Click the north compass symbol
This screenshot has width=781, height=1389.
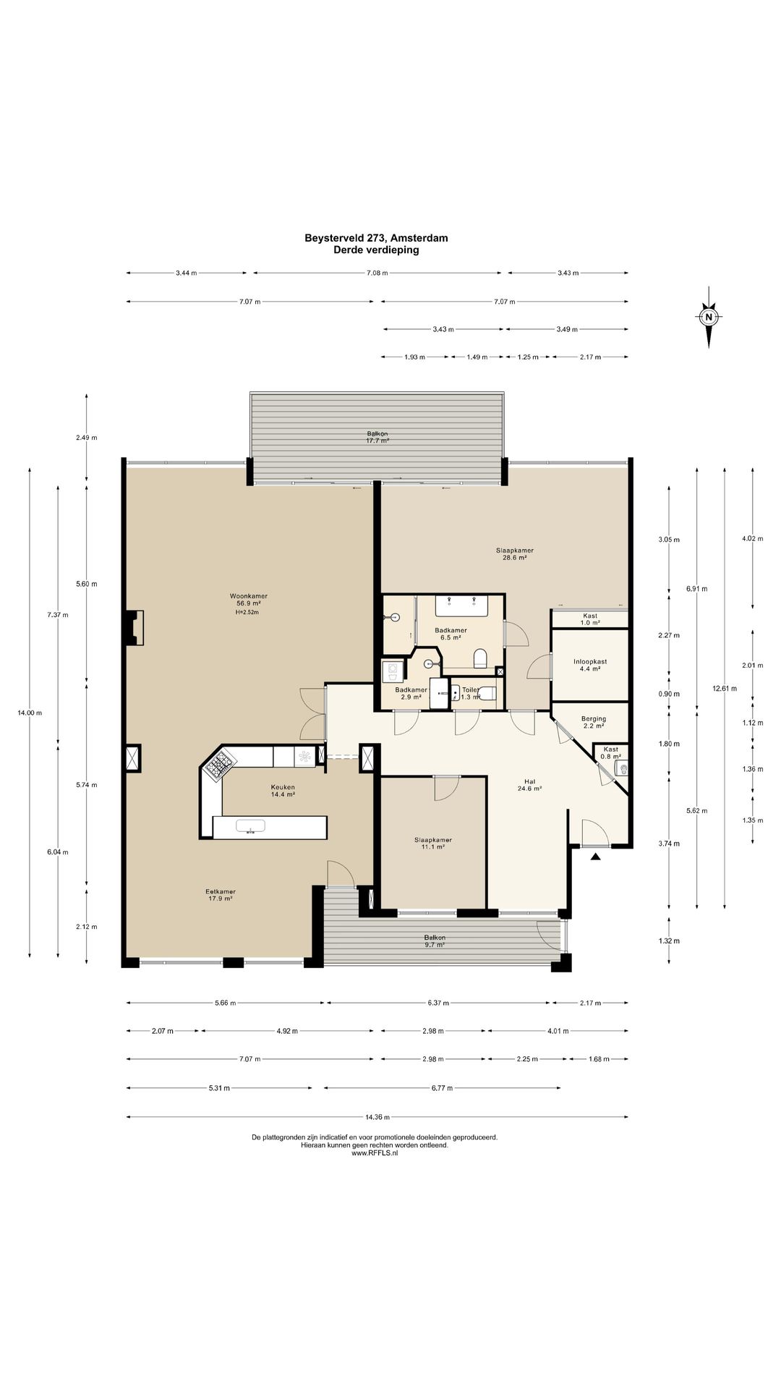click(709, 317)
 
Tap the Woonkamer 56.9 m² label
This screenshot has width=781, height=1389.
click(247, 600)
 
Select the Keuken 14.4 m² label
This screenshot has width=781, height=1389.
click(283, 791)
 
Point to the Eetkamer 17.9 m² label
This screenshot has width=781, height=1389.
click(221, 895)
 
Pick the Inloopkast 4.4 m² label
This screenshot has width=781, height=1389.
click(590, 665)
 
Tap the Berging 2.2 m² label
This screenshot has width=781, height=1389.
click(594, 722)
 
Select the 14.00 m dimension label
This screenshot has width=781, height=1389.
click(30, 713)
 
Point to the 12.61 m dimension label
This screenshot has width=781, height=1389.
click(725, 689)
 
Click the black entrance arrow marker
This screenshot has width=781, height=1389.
click(595, 857)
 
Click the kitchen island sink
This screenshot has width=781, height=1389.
click(251, 826)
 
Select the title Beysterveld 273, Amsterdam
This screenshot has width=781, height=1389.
click(376, 238)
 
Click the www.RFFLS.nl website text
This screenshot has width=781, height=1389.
click(375, 1153)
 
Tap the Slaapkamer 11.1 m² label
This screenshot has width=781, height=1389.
click(433, 843)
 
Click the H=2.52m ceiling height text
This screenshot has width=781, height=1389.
click(247, 612)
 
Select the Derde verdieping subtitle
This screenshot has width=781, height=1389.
click(376, 250)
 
